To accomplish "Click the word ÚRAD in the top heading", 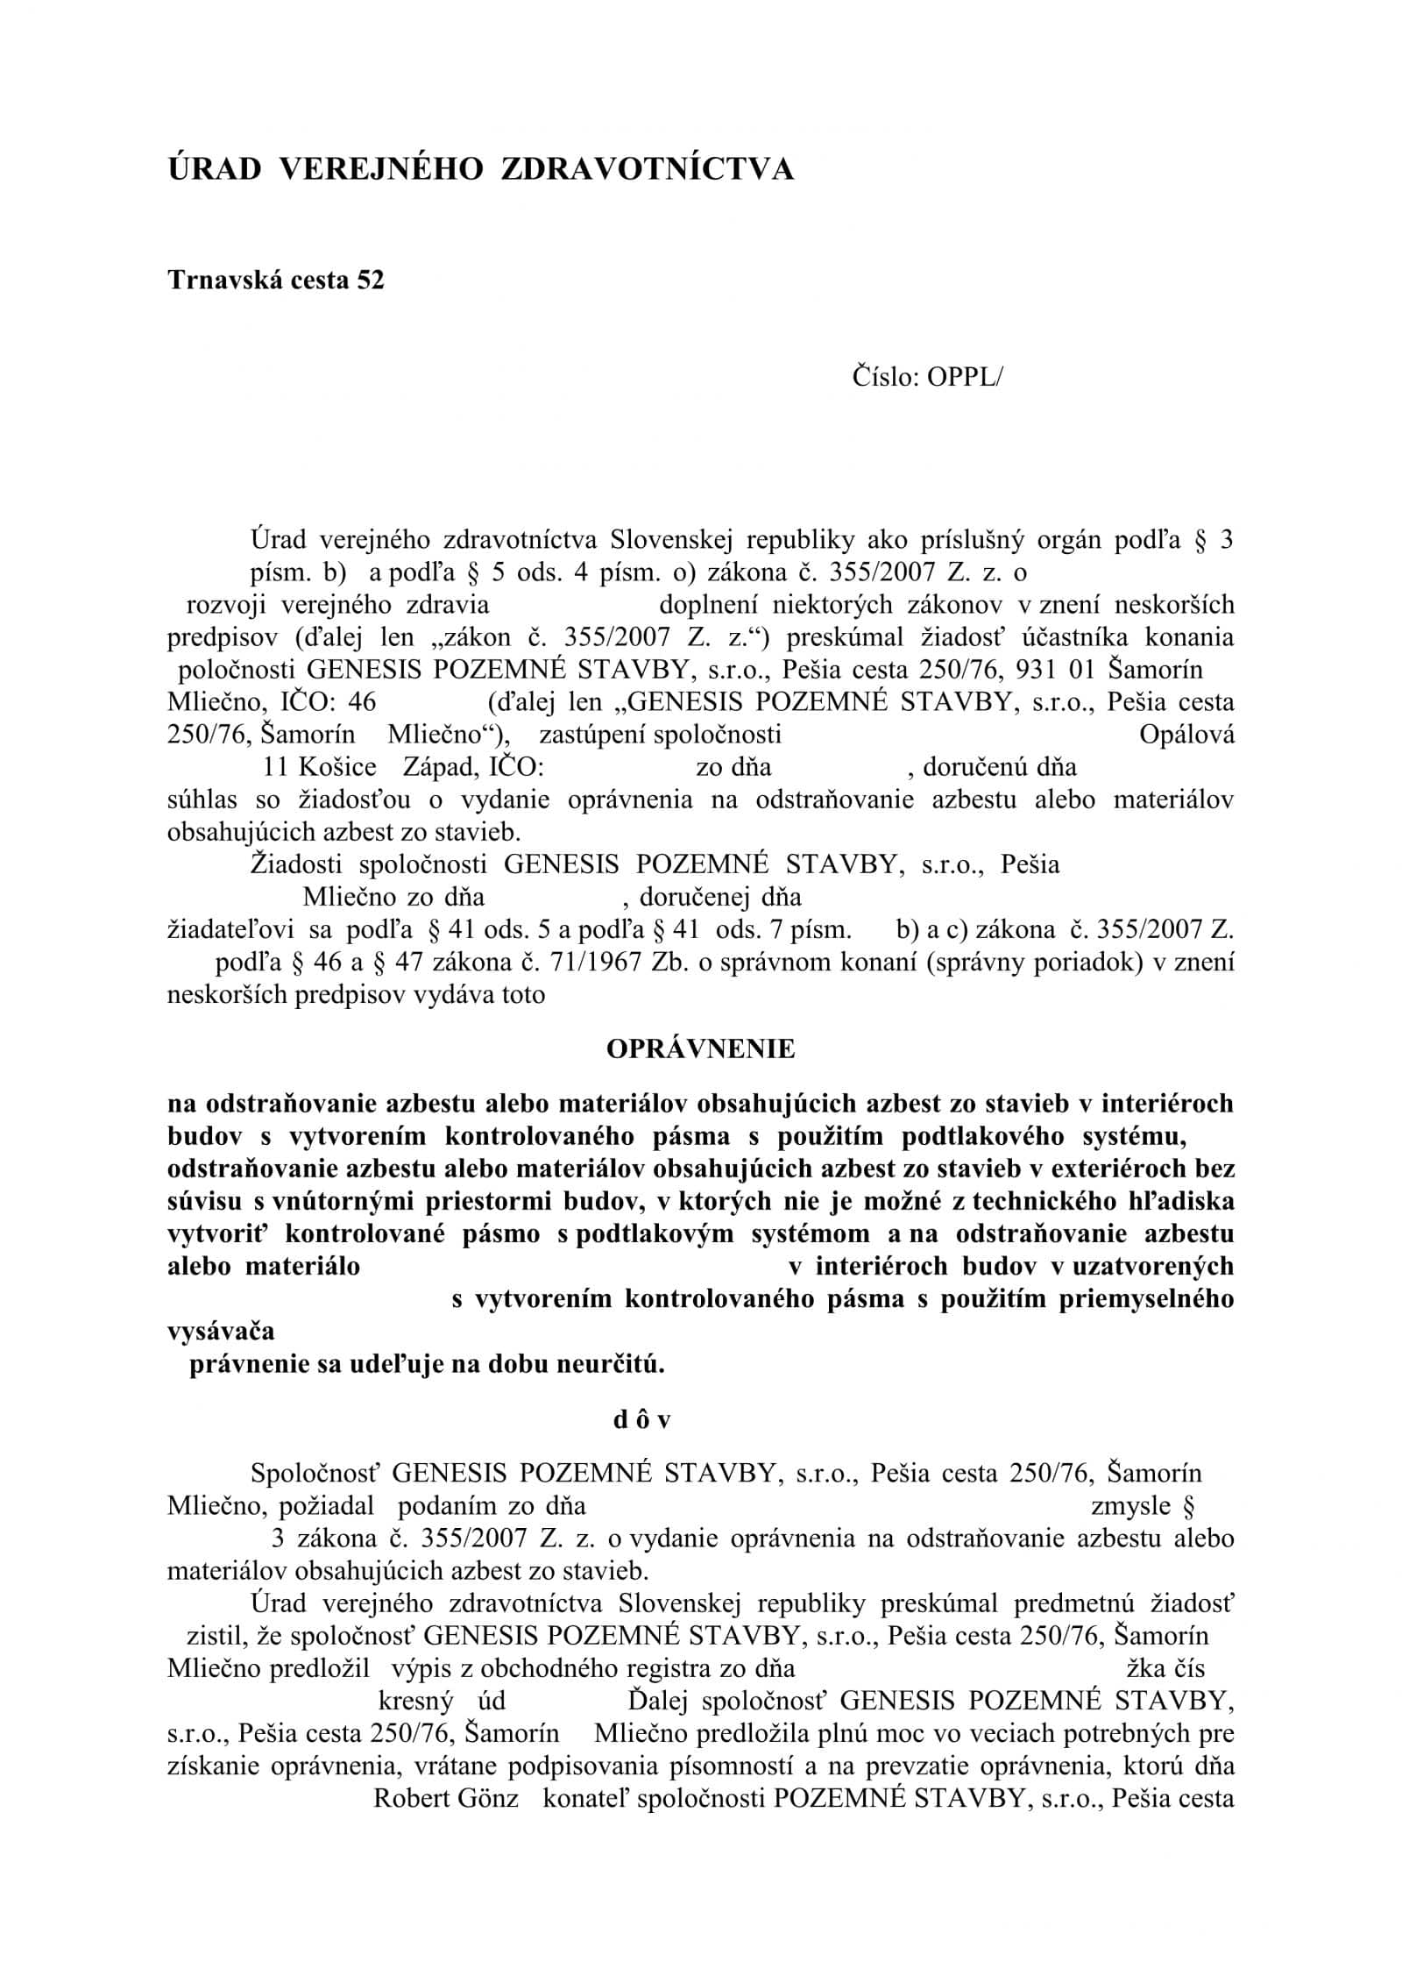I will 215,169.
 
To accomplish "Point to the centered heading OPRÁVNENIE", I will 700,1048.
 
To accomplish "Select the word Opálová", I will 1186,735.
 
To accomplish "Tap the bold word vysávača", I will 221,1331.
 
